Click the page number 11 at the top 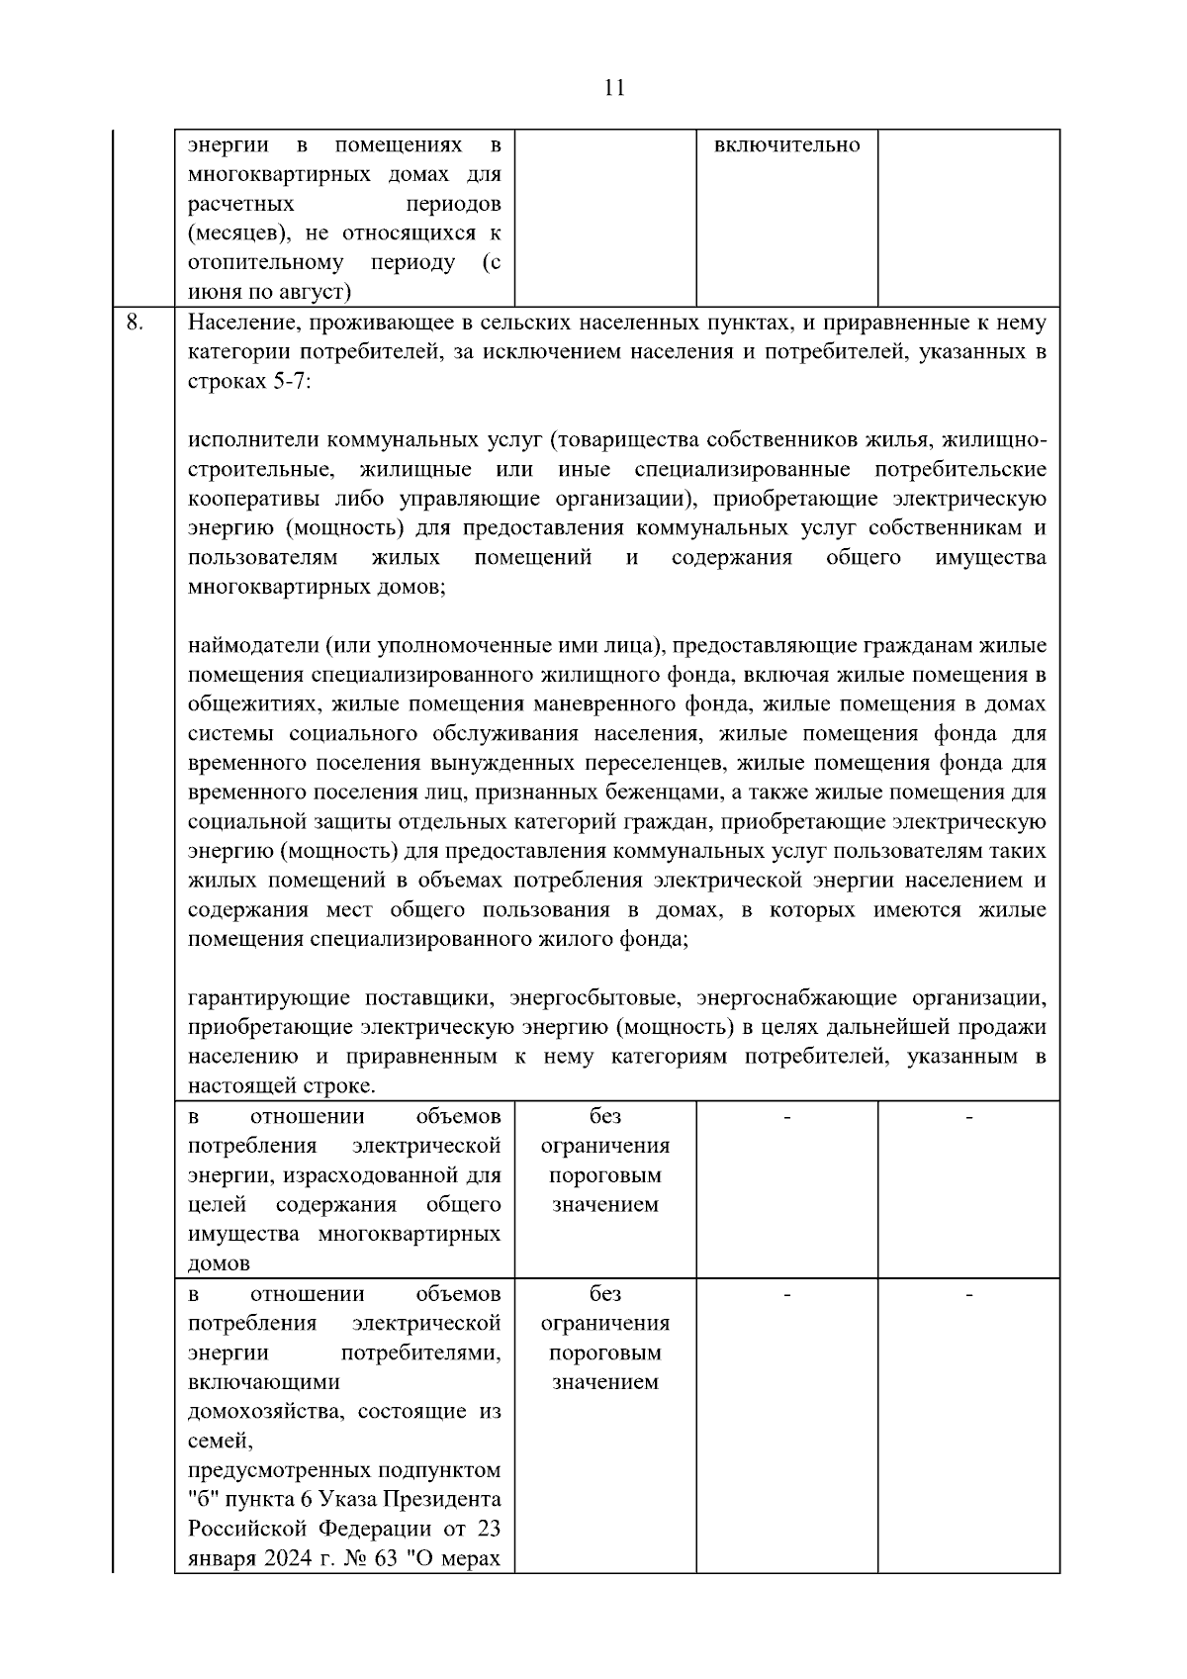pyautogui.click(x=613, y=88)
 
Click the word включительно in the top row pyautogui.click(x=786, y=145)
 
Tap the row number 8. pyautogui.click(x=135, y=323)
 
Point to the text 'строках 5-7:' pyautogui.click(x=248, y=381)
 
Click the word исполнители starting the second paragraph pyautogui.click(x=253, y=439)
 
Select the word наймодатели pyautogui.click(x=253, y=646)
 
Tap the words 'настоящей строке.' pyautogui.click(x=281, y=1085)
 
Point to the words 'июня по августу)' pyautogui.click(x=268, y=292)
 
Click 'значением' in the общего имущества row pyautogui.click(x=604, y=1205)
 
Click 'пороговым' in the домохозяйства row pyautogui.click(x=604, y=1353)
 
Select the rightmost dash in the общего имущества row pyautogui.click(x=968, y=1118)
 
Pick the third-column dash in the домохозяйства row pyautogui.click(x=787, y=1294)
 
